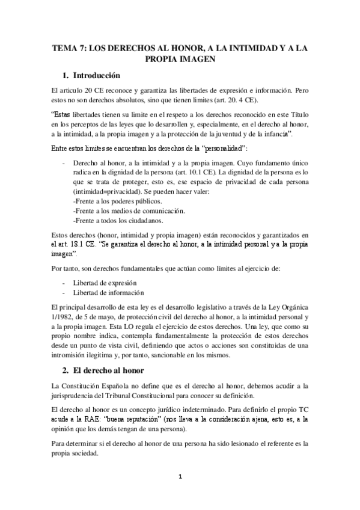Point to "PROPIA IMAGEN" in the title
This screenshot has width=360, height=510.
(180, 60)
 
